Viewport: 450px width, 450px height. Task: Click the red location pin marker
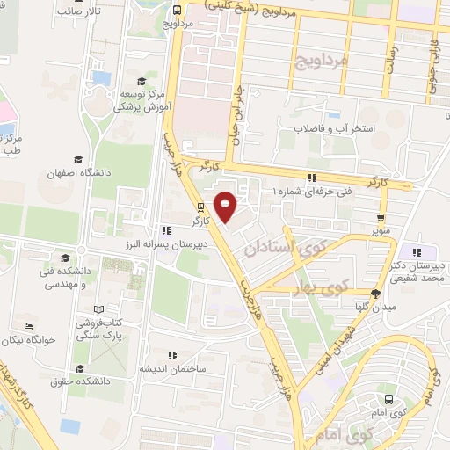[x=226, y=207]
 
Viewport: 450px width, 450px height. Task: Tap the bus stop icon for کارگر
[x=201, y=208]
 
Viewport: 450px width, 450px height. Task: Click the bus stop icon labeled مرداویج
[x=178, y=10]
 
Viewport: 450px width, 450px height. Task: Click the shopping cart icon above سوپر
[x=380, y=219]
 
